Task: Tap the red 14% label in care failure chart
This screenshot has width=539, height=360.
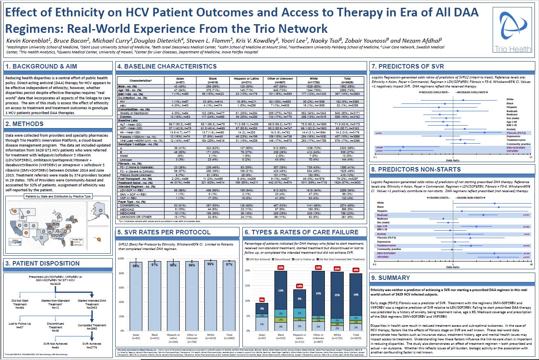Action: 300,286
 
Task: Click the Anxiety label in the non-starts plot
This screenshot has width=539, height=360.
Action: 381,234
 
